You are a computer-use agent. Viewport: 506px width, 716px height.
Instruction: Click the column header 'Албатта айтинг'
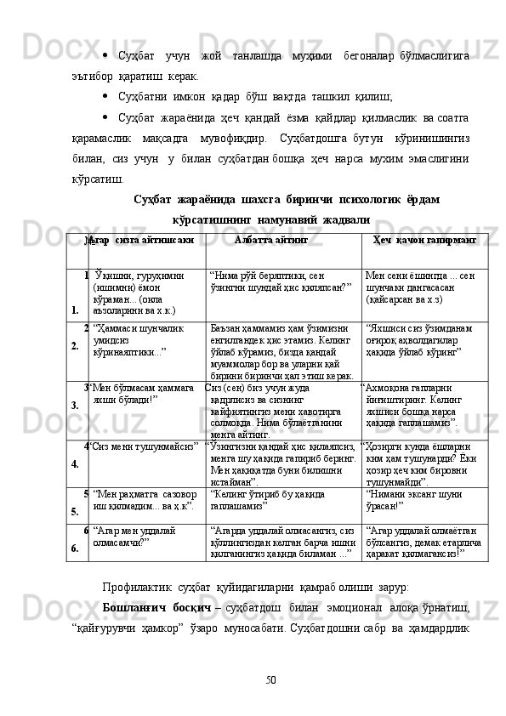click(270, 241)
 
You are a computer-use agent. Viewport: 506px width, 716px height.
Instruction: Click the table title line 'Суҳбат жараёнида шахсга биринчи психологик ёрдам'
click(274, 200)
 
